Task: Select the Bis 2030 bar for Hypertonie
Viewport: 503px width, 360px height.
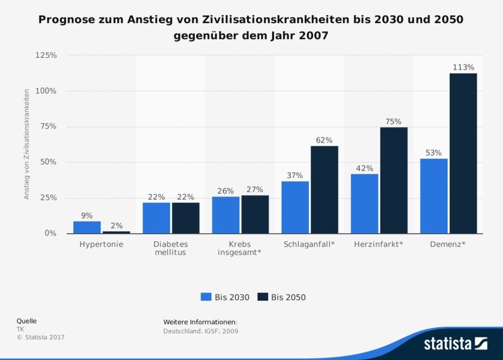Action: pyautogui.click(x=87, y=227)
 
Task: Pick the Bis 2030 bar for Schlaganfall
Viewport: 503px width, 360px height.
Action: pyautogui.click(x=295, y=207)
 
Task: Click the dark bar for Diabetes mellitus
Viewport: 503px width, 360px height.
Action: pyautogui.click(x=185, y=217)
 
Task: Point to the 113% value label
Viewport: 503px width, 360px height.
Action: pyautogui.click(x=463, y=67)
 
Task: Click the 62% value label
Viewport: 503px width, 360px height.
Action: pyautogui.click(x=324, y=139)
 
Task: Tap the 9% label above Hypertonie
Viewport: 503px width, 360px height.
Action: pyautogui.click(x=87, y=215)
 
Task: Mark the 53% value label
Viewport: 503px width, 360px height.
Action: pyautogui.click(x=433, y=152)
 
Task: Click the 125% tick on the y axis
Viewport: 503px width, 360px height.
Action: pyautogui.click(x=46, y=55)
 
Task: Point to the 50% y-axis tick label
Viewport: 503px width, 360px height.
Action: pyautogui.click(x=48, y=162)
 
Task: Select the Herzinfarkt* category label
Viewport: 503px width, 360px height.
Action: pyautogui.click(x=379, y=243)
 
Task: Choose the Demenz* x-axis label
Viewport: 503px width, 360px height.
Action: pyautogui.click(x=448, y=243)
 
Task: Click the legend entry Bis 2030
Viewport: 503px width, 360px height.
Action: pyautogui.click(x=225, y=297)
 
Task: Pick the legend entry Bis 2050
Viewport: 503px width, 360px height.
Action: pyautogui.click(x=282, y=297)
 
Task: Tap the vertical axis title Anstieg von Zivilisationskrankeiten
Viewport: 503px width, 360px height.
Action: pyautogui.click(x=27, y=144)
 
